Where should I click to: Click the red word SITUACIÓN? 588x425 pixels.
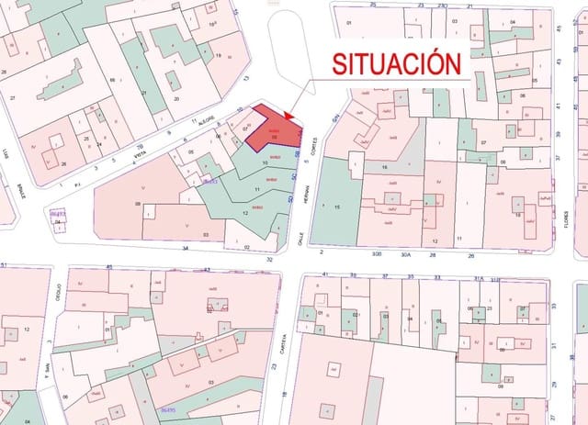click(395, 63)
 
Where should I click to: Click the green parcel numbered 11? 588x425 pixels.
click(258, 190)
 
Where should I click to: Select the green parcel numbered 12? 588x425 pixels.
click(245, 213)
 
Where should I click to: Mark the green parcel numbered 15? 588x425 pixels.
click(337, 208)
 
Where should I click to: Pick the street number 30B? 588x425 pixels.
click(375, 252)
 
